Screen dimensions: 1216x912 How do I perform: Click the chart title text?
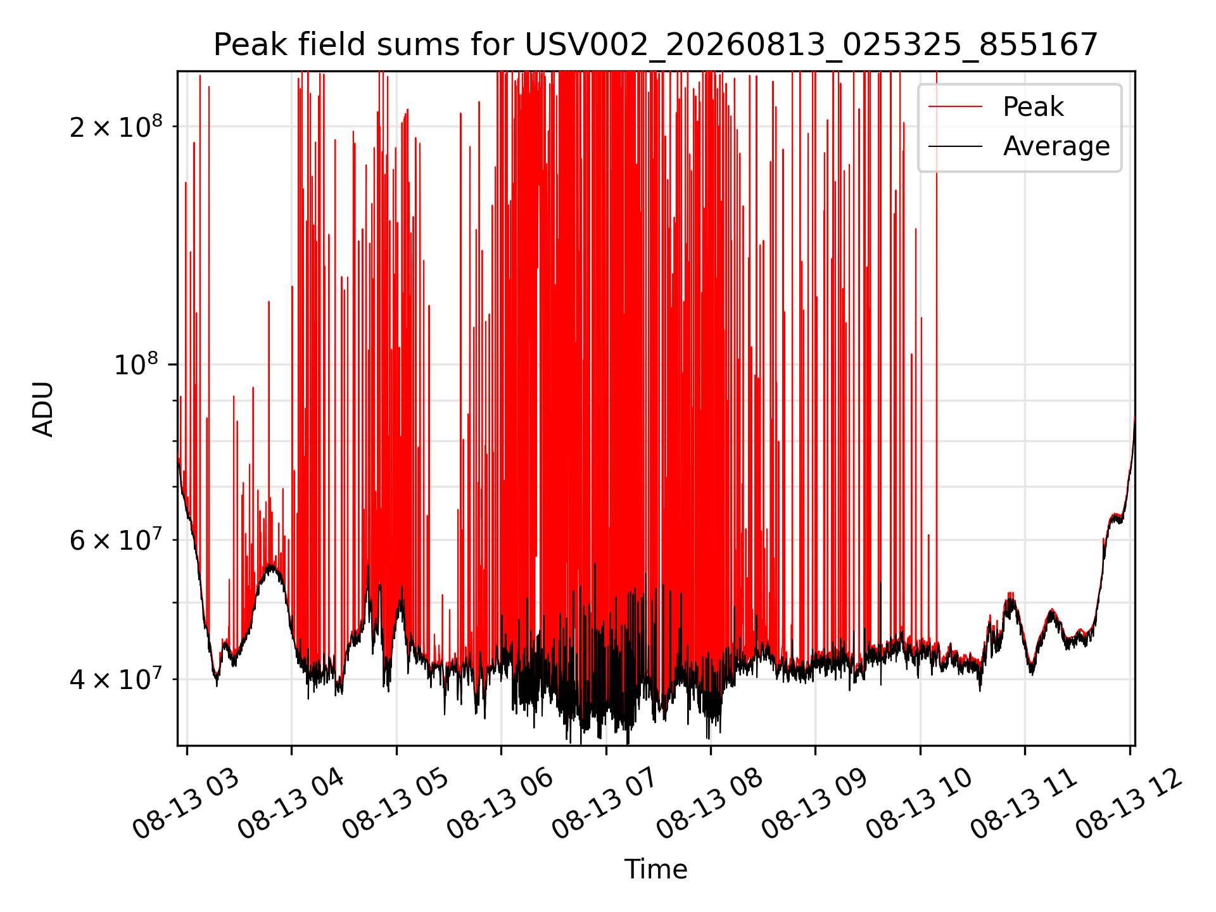click(x=655, y=45)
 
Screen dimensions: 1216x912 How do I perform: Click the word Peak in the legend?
click(x=1033, y=106)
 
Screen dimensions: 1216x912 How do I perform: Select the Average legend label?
click(x=1056, y=146)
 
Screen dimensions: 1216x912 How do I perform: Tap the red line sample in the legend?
click(x=955, y=106)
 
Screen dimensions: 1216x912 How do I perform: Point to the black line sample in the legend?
click(x=955, y=146)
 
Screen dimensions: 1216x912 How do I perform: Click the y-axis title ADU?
click(x=43, y=408)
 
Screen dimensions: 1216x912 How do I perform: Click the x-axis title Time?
click(x=655, y=869)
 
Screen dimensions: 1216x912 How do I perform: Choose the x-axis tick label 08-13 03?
click(x=186, y=804)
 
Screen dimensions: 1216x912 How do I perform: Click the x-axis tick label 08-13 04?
click(x=291, y=804)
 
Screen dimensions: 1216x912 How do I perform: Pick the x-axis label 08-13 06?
click(x=500, y=804)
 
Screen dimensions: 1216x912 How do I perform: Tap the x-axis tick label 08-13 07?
click(x=605, y=804)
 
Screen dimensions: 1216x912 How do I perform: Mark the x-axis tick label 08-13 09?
click(x=814, y=804)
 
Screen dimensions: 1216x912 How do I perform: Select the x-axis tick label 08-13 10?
click(x=920, y=804)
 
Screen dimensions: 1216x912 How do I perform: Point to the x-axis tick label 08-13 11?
click(x=1024, y=804)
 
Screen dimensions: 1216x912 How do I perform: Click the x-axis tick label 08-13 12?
click(x=1129, y=804)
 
